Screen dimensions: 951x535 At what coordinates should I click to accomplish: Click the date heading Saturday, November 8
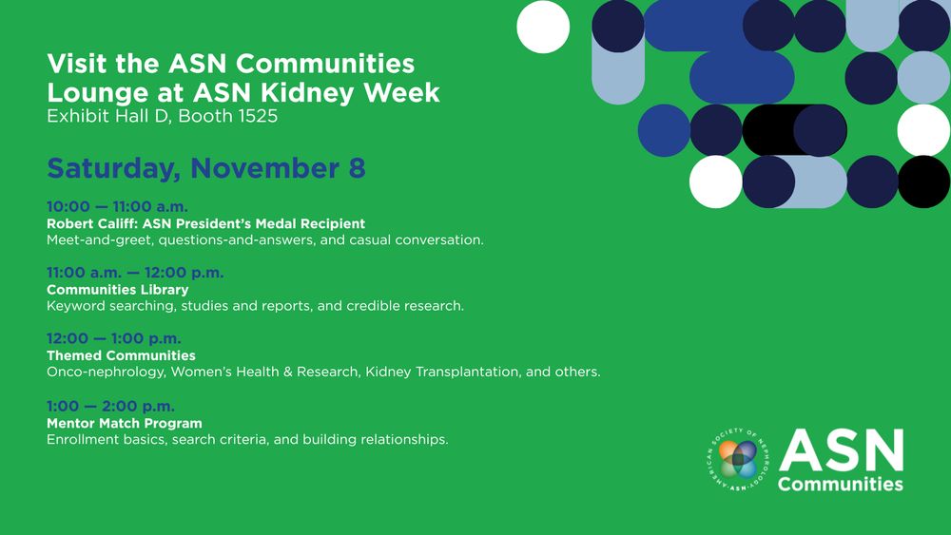[206, 168]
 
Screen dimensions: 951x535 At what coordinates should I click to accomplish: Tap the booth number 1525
[258, 116]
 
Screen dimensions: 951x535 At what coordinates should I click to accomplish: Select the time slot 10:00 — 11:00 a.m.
[117, 206]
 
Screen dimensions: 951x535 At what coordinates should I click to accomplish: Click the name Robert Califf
[91, 223]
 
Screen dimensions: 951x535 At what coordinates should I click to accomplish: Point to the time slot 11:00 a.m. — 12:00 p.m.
[135, 273]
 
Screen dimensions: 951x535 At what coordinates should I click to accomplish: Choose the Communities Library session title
[118, 290]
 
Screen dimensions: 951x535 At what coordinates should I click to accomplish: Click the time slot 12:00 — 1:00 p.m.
[114, 338]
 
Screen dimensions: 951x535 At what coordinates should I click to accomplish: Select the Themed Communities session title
[122, 355]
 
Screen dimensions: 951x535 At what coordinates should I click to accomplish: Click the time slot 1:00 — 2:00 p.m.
[110, 406]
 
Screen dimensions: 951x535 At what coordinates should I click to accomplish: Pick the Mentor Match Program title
[125, 423]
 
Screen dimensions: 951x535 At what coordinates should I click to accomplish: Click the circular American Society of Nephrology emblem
[738, 459]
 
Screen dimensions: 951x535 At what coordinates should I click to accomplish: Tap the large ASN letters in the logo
[842, 450]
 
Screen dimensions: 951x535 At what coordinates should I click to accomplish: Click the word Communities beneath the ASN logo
[841, 484]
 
